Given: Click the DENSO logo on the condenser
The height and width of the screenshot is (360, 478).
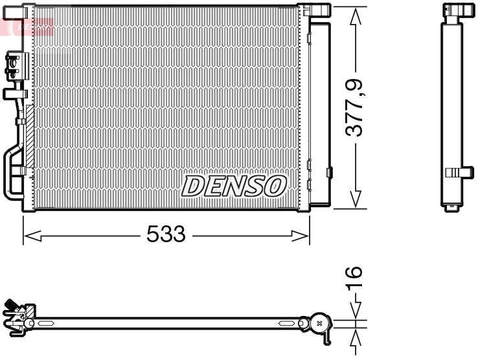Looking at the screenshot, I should pos(234,186).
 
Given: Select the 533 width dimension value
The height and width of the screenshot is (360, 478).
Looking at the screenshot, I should pos(166,234).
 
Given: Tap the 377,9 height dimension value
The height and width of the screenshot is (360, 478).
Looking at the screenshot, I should pos(354,107).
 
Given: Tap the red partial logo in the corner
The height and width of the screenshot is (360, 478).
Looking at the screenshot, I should pos(26,26).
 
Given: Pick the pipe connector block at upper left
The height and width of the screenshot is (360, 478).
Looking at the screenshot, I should pos(12,65).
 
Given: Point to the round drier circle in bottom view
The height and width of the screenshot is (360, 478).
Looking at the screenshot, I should pos(318,322).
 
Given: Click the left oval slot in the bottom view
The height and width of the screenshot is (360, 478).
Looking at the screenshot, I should pos(48,322).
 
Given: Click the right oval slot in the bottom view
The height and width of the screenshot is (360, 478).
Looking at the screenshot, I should pos(287,322).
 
